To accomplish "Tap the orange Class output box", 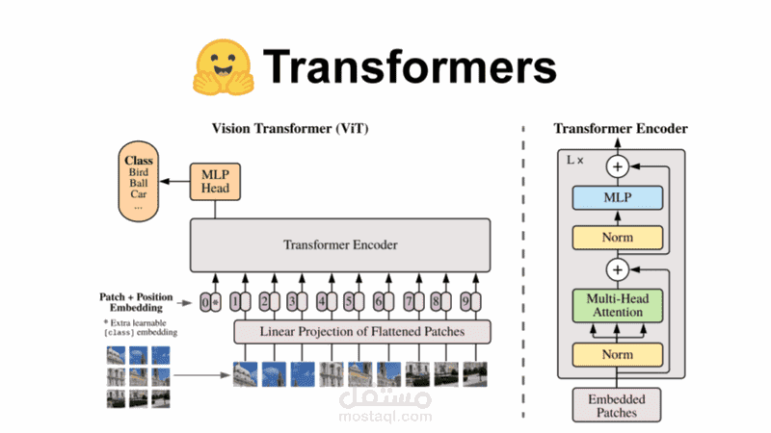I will [140, 180].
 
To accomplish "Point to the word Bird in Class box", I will [140, 173].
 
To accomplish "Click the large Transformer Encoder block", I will [340, 244].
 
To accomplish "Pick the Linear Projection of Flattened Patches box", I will [362, 332].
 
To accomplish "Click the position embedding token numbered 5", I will [351, 300].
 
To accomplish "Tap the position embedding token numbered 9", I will [467, 300].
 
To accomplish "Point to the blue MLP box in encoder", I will [617, 198].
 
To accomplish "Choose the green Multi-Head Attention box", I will [617, 307].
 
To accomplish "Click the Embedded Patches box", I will [618, 405].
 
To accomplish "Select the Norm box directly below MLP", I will [617, 237].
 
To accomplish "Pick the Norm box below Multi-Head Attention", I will [617, 353].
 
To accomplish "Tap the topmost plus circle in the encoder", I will [617, 166].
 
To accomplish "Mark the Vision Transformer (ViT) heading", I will [289, 129].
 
